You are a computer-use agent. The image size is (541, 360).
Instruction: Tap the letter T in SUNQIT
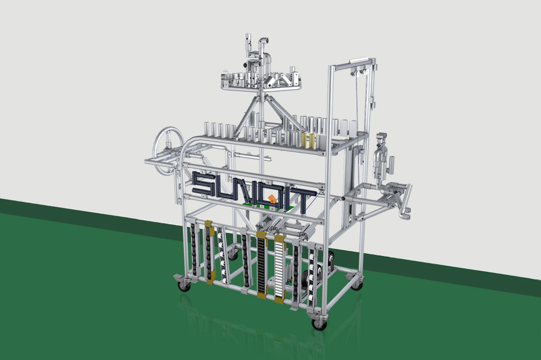point(304,200)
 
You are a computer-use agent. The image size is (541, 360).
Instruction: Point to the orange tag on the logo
point(272,198)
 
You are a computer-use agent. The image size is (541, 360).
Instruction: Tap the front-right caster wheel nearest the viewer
point(319,324)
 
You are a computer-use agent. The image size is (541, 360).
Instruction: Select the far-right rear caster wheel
point(358,284)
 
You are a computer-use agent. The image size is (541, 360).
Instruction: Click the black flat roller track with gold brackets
point(262,265)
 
